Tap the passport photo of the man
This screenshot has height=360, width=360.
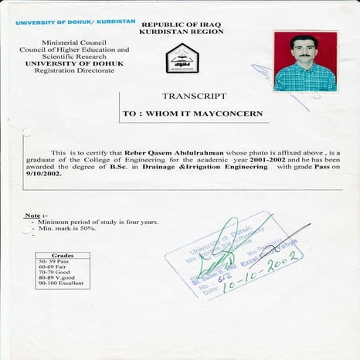coord(305,62)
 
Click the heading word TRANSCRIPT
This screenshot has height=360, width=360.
coord(194,97)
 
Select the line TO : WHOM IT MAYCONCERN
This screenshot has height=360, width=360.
coord(192,114)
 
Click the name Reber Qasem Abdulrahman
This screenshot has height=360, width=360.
coord(163,154)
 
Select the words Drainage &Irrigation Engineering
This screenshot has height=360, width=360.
coord(205,167)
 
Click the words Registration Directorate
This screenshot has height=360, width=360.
coord(75,70)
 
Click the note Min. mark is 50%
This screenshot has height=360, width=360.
coord(69,228)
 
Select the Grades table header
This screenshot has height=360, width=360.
coord(62,255)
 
